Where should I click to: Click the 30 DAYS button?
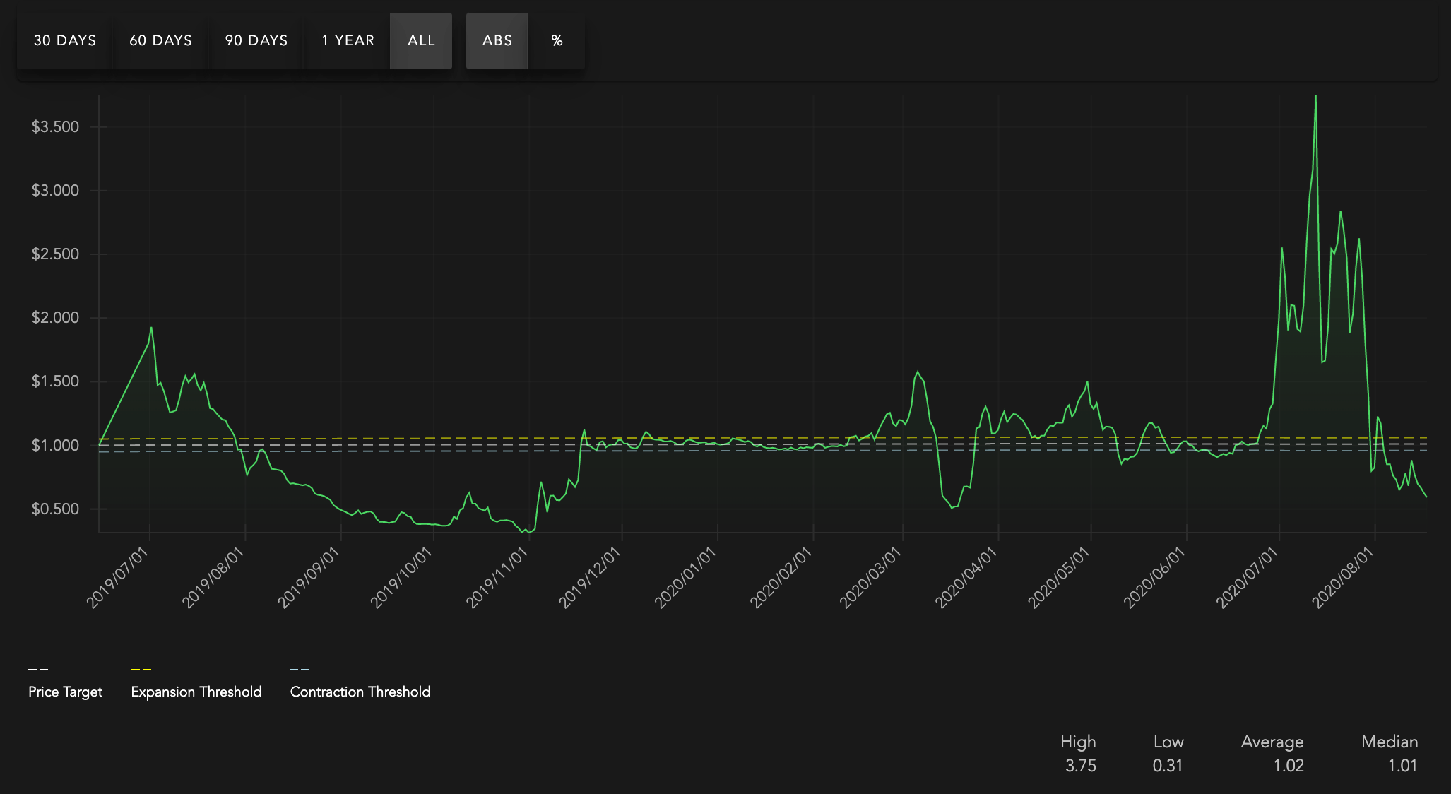[65, 41]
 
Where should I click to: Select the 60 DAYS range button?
[160, 41]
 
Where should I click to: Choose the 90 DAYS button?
[256, 41]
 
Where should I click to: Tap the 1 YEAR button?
[348, 41]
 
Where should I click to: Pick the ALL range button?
[421, 41]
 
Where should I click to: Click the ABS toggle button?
[497, 41]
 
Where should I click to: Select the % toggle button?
[557, 41]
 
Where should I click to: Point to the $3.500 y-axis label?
[55, 127]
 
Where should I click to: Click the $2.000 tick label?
[55, 318]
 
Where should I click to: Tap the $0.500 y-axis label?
[55, 509]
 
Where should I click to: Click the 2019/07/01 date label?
[118, 577]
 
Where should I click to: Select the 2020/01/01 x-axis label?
[686, 577]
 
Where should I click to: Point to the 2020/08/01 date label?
[1343, 577]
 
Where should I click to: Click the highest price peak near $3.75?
[1315, 96]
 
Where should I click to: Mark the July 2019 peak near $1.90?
[151, 328]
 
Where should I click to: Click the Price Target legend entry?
[65, 692]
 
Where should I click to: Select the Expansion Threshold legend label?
[196, 692]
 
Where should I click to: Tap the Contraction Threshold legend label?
[360, 692]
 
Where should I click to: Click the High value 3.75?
[1081, 766]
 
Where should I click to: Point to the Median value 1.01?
[1402, 766]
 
